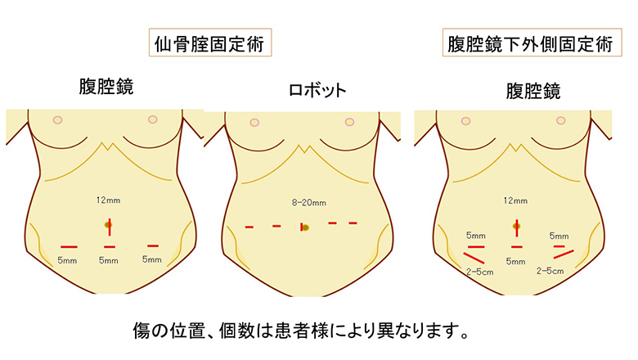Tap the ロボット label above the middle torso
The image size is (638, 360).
(x=317, y=90)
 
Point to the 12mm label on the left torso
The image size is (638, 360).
(x=108, y=199)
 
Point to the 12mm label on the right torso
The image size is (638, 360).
(x=515, y=199)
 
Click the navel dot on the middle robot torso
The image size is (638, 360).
(x=304, y=227)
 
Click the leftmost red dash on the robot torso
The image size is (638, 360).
(x=249, y=227)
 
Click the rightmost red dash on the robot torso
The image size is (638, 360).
(x=353, y=223)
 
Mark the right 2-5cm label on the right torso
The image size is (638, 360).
(x=550, y=269)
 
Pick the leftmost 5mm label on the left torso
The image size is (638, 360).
(x=67, y=261)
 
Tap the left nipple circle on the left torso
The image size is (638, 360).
(x=57, y=120)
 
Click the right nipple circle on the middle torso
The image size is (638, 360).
(x=353, y=120)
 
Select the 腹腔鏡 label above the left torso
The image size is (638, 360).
(x=106, y=88)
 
